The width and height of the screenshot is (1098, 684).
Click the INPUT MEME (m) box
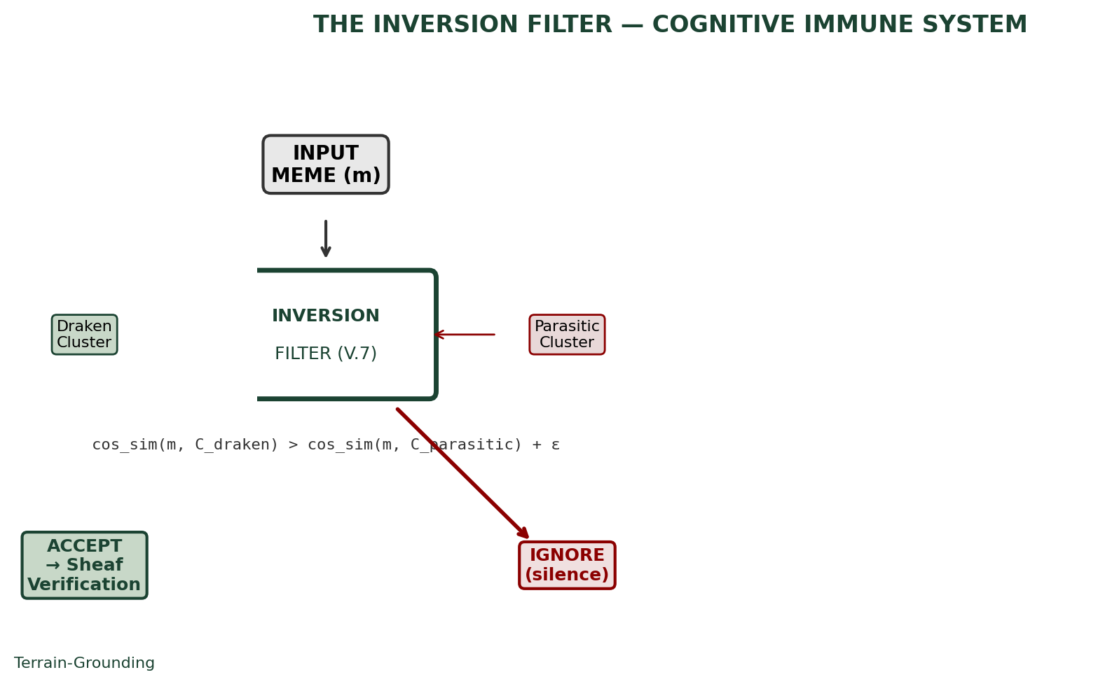tap(326, 165)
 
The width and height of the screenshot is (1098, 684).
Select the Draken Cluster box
tap(84, 335)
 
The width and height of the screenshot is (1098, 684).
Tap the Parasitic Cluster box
tap(567, 335)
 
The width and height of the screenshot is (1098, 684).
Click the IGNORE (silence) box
tap(567, 565)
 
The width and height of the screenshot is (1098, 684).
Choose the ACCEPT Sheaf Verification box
tap(84, 565)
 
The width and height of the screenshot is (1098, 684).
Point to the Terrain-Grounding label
tap(84, 663)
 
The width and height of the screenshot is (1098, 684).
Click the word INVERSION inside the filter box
tap(326, 316)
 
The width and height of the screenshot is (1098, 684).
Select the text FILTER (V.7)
tap(326, 354)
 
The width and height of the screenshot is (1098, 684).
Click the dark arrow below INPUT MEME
tap(326, 239)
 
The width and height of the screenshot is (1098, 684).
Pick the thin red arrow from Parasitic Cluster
tap(465, 335)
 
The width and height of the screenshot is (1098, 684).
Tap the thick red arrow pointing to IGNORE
tap(462, 473)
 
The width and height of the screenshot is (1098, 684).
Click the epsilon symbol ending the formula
tap(555, 445)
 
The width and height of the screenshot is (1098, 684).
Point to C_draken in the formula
tap(237, 445)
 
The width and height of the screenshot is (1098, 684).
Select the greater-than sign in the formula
tap(293, 445)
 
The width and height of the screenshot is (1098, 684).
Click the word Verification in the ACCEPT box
tap(84, 585)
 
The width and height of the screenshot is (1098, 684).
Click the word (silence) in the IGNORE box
tap(567, 575)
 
